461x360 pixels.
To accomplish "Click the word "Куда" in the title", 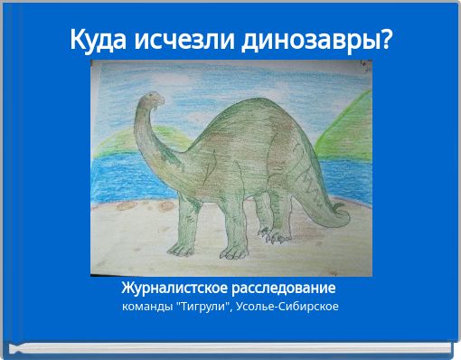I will pyautogui.click(x=101, y=40).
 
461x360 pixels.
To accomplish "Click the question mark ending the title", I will pyautogui.click(x=385, y=40).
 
